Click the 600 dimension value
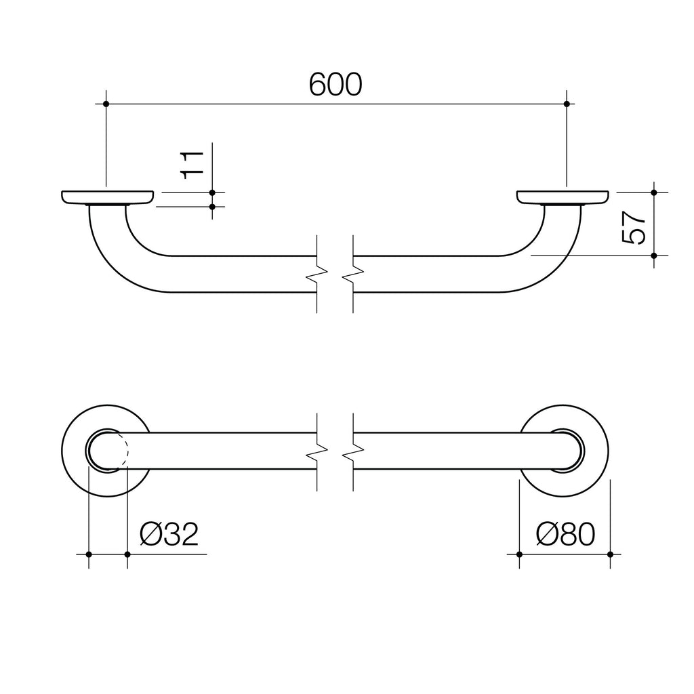pos(335,84)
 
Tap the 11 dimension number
pos(192,165)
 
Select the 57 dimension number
pos(634,227)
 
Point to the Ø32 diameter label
pos(169,534)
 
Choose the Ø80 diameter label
pos(565,534)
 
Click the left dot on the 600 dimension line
pos(106,104)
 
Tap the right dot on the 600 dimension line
pos(567,104)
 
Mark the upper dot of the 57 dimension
pos(654,192)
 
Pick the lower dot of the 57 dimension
pos(654,256)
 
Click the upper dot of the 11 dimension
pos(212,192)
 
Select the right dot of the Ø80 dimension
pos(611,554)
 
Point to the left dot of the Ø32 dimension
pos(89,554)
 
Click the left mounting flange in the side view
pos(108,199)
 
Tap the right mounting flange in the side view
pos(563,199)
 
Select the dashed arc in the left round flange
pos(123,451)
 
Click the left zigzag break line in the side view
pos(317,274)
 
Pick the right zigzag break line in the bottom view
pos(353,452)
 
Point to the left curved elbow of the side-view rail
pos(128,250)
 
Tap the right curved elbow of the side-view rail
pos(541,250)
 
